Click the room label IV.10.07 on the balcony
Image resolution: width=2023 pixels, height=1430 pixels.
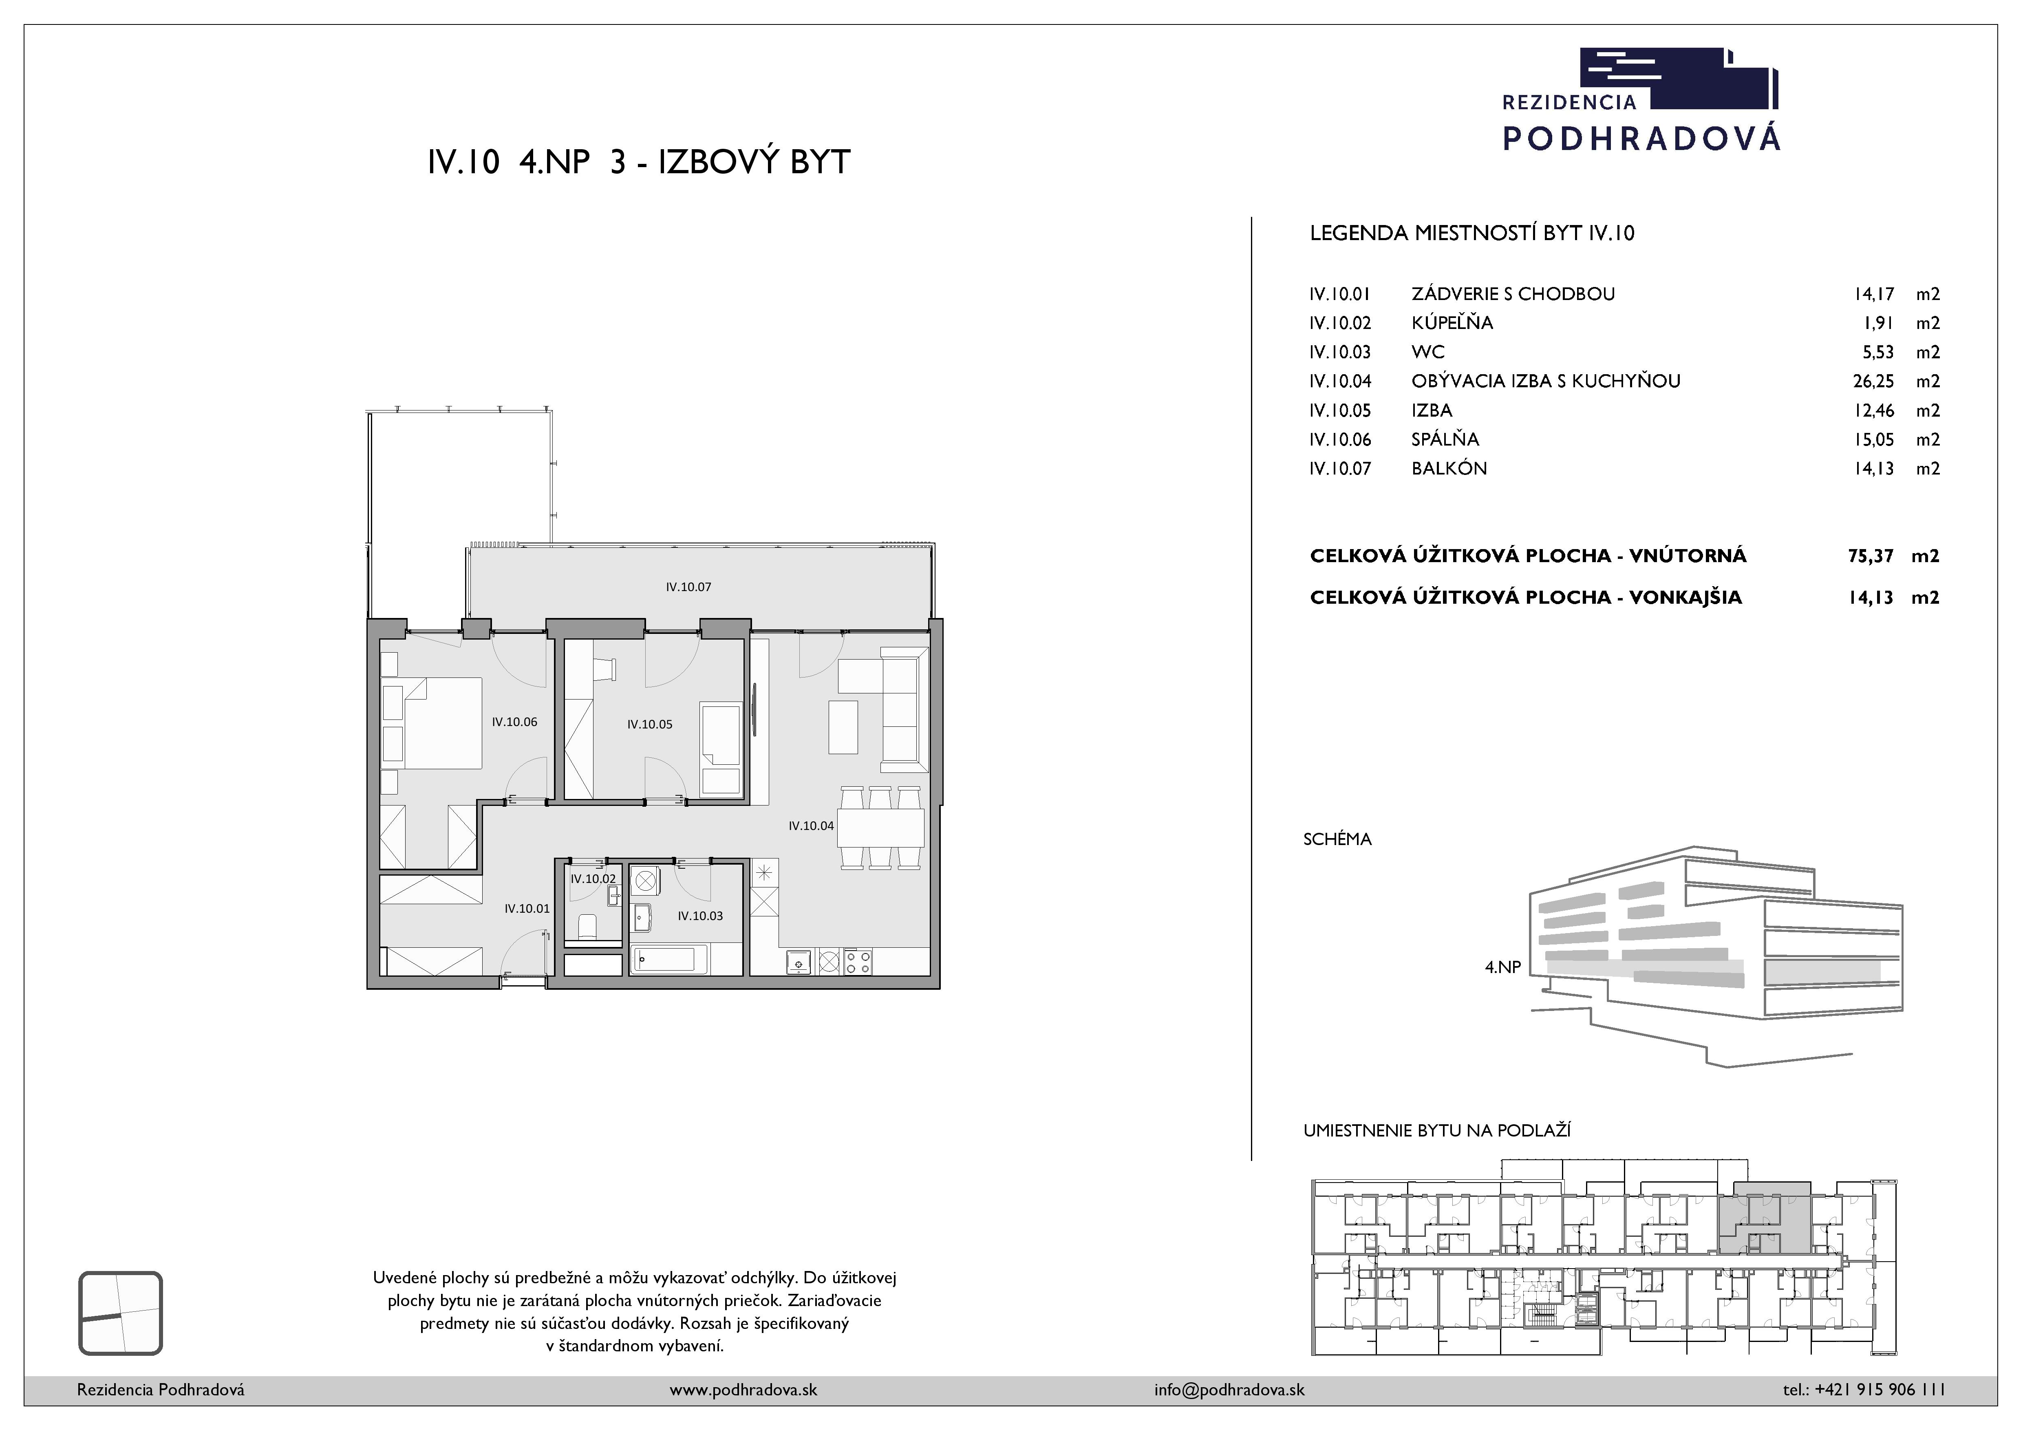(x=688, y=587)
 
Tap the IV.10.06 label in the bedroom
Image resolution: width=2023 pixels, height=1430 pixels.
(x=514, y=722)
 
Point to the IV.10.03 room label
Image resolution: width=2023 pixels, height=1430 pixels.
(x=700, y=916)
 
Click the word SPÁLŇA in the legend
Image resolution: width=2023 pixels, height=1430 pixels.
(x=1445, y=439)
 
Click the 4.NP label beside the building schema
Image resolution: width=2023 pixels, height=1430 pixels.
(x=1503, y=967)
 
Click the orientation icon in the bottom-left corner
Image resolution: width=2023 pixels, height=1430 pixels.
(x=121, y=1313)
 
